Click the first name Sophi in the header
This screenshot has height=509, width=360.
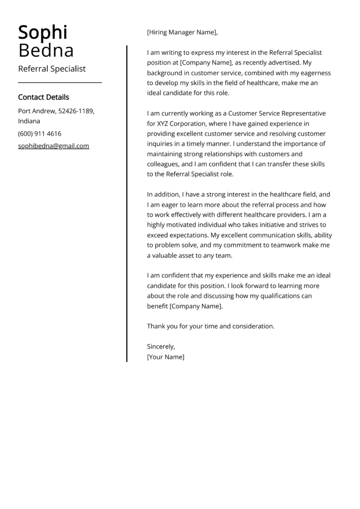[42, 33]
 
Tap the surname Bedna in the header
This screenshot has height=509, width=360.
[46, 50]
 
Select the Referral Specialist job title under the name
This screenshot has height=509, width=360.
[52, 69]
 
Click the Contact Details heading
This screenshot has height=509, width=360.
[43, 97]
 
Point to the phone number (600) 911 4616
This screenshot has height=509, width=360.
[40, 134]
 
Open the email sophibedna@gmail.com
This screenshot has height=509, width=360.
[54, 146]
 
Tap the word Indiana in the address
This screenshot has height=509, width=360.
[29, 121]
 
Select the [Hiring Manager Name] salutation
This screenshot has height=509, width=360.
[182, 33]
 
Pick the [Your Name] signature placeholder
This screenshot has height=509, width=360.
[166, 357]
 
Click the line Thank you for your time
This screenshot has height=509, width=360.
[210, 326]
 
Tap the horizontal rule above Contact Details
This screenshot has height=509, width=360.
[60, 83]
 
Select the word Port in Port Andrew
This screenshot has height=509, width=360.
[25, 110]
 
